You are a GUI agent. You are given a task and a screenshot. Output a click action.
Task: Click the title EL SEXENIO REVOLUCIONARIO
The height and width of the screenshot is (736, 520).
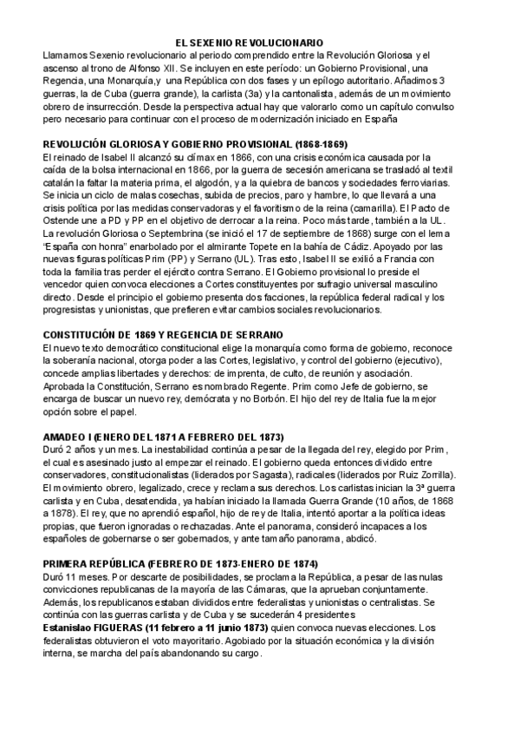pos(250,42)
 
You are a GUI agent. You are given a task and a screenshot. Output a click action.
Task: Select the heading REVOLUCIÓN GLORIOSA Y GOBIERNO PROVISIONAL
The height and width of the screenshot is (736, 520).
pos(183,143)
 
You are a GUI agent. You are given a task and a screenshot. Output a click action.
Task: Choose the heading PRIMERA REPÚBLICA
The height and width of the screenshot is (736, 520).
pos(168,562)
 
